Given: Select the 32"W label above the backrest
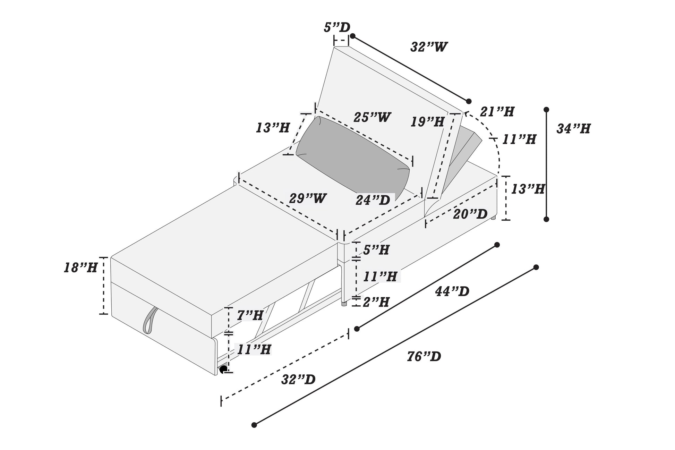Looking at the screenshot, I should click(x=429, y=47).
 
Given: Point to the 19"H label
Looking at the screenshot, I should click(x=427, y=122).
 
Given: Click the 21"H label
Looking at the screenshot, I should click(x=497, y=111).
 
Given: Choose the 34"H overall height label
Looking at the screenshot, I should click(x=573, y=129).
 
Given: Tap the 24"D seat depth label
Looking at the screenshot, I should click(x=373, y=200).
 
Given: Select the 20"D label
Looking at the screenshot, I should click(x=470, y=214).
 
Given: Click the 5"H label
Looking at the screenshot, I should click(x=376, y=250).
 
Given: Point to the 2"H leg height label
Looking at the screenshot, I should click(x=376, y=302).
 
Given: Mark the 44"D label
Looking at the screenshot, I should click(x=452, y=291).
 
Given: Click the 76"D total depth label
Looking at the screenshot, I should click(x=424, y=357).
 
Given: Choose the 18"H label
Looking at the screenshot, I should click(x=80, y=268).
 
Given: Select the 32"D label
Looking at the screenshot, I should click(x=298, y=380).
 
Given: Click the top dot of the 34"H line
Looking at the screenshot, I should click(x=547, y=110).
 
